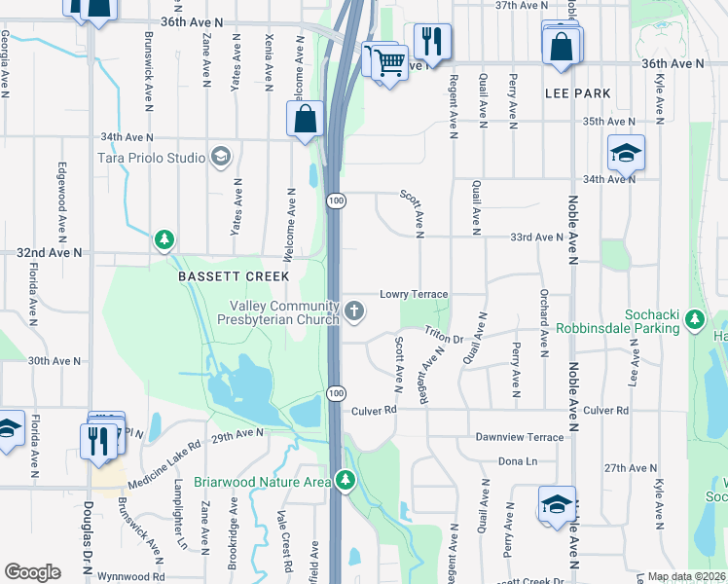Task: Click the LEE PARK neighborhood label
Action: [578, 93]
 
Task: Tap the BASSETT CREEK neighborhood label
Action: [221, 276]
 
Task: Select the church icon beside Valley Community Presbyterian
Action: [354, 311]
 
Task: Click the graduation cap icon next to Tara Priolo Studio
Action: [221, 158]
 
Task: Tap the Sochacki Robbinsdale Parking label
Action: [618, 322]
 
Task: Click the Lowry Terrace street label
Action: [413, 294]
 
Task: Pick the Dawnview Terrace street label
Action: [520, 437]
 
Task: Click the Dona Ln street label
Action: [518, 460]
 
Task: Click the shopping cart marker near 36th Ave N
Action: [389, 62]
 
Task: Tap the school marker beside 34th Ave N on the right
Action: [626, 153]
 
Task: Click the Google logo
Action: [32, 572]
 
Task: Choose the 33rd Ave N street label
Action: [537, 237]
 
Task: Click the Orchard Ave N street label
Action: [542, 314]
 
